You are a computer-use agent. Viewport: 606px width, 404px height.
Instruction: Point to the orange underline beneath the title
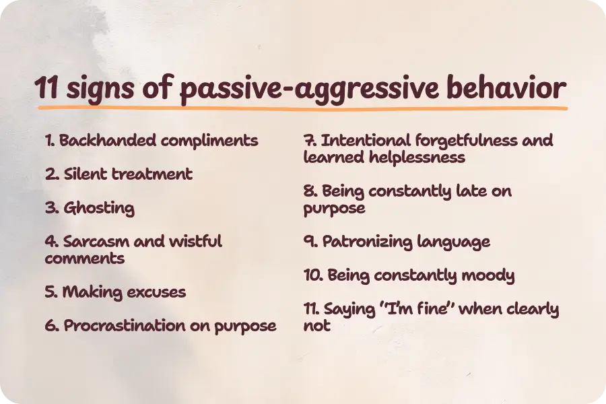click(x=303, y=107)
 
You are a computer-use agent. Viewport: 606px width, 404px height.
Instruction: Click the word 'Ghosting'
click(x=99, y=208)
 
